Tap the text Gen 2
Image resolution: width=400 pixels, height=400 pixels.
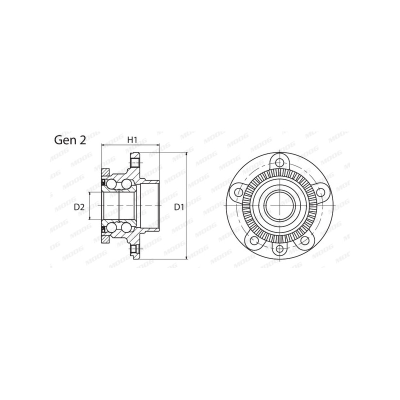click(x=69, y=140)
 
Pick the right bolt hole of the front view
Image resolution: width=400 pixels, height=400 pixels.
click(x=320, y=191)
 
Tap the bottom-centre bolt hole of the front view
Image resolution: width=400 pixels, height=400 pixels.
click(x=280, y=250)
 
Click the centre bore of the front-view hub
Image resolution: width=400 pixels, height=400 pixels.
click(x=280, y=205)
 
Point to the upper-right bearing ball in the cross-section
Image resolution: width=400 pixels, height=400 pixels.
click(x=126, y=184)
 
